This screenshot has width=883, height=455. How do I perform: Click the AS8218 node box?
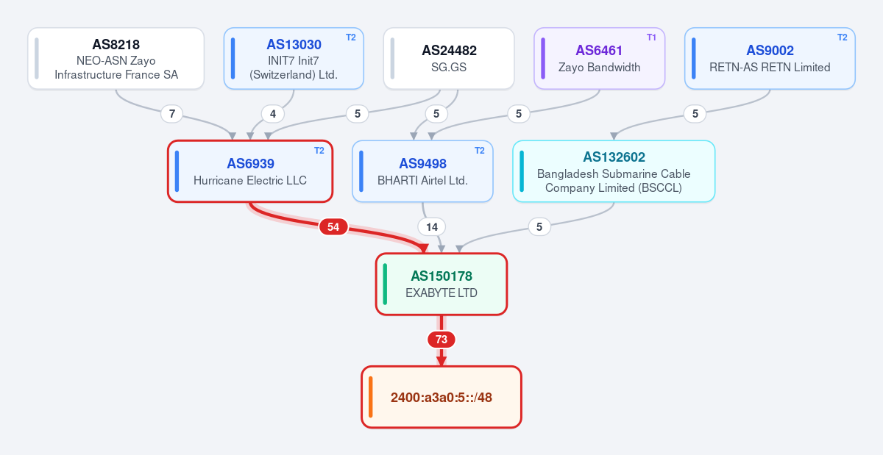(x=116, y=58)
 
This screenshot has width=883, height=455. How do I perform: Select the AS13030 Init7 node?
(x=294, y=58)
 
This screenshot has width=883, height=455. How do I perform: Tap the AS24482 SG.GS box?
(x=449, y=58)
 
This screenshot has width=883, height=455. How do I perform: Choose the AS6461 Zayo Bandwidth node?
(x=599, y=58)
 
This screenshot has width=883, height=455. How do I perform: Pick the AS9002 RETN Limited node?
(x=770, y=58)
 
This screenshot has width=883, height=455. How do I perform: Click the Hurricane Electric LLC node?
(x=250, y=171)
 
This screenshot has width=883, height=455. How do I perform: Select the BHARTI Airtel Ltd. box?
(x=422, y=171)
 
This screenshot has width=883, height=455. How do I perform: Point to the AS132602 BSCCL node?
(x=614, y=171)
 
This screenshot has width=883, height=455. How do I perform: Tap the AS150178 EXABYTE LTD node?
(x=441, y=284)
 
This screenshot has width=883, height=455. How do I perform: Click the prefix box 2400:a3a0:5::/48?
(x=441, y=397)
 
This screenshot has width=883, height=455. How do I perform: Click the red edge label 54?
(x=333, y=227)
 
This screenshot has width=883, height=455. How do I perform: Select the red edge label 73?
(x=441, y=340)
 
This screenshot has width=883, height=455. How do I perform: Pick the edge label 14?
(x=432, y=227)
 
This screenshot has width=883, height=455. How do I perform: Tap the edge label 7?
(x=172, y=114)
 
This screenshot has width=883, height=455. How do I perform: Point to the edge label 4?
(x=273, y=114)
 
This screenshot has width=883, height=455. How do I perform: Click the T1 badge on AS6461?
(x=651, y=37)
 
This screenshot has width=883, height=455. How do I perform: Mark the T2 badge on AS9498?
(x=479, y=151)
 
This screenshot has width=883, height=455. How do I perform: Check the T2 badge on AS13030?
(x=351, y=37)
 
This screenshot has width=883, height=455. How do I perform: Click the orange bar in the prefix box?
(x=371, y=397)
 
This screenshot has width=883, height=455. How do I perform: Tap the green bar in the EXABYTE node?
(x=385, y=284)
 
